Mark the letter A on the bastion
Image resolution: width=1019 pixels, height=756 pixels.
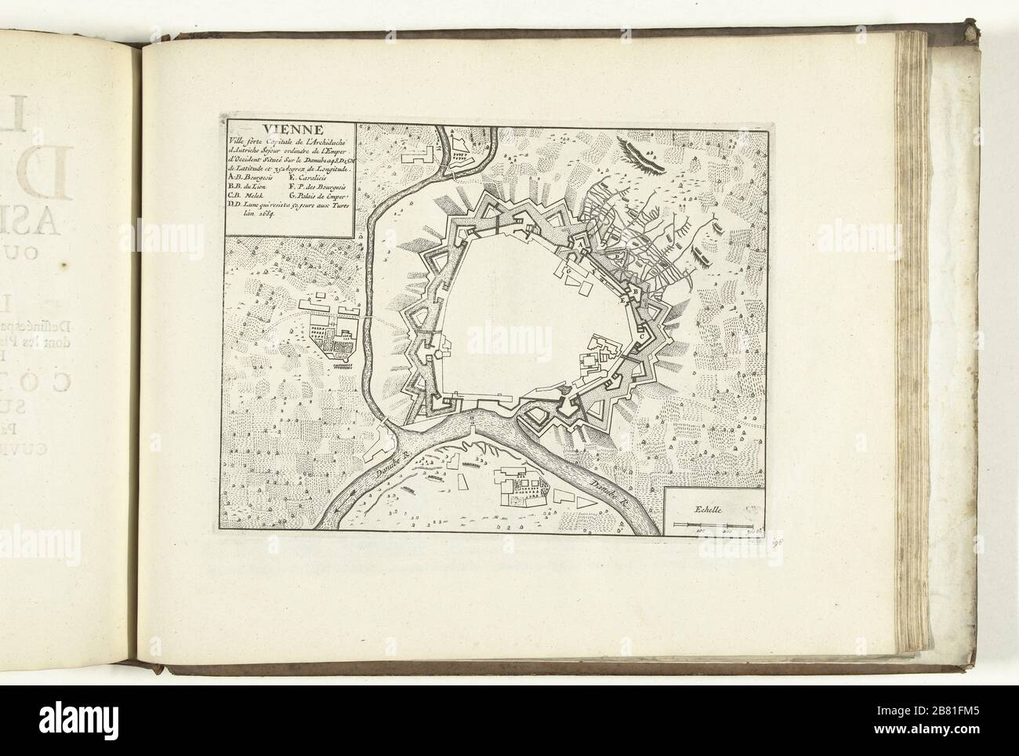580,245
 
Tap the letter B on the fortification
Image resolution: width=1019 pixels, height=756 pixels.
637,292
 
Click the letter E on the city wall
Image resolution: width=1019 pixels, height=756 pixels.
624,300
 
